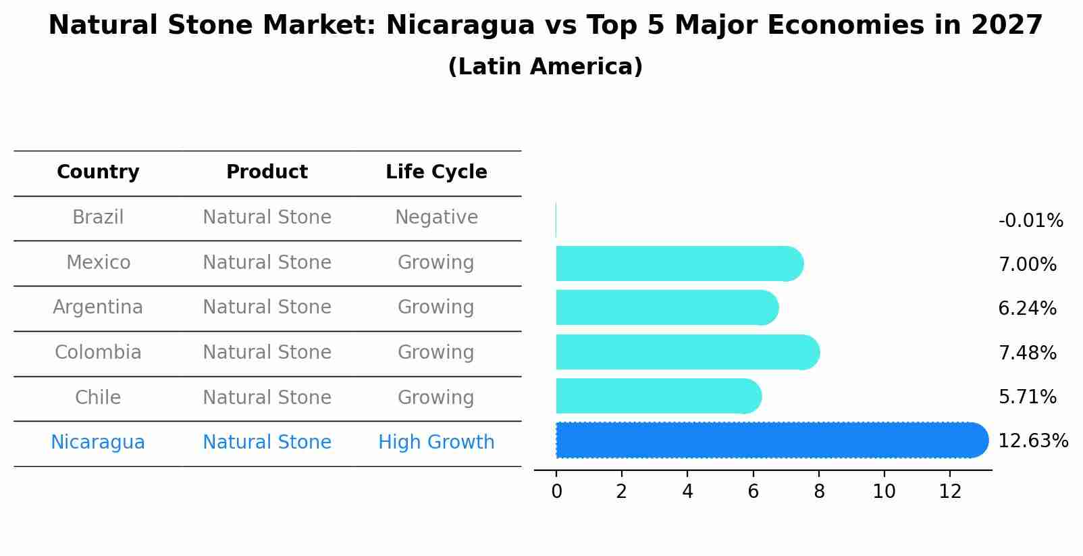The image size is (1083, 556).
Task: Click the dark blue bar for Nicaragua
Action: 770,440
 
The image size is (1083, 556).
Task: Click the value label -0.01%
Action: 1030,221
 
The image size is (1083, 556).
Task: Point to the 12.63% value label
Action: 1032,441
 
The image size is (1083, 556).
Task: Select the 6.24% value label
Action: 1027,309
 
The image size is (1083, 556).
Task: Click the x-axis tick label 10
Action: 884,492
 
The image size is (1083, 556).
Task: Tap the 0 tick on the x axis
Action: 556,492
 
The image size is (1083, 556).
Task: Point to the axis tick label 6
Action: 753,492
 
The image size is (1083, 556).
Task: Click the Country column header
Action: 98,172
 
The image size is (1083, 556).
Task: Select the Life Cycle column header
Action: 436,172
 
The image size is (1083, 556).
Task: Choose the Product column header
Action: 267,172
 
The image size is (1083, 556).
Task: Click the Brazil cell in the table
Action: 98,218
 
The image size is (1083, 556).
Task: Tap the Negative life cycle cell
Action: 436,218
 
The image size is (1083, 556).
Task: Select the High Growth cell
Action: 436,443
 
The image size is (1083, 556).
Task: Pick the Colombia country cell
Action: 98,353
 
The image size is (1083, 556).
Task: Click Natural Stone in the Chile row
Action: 267,397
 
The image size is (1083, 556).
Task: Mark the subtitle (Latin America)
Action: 545,67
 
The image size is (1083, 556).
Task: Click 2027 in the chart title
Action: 1007,26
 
